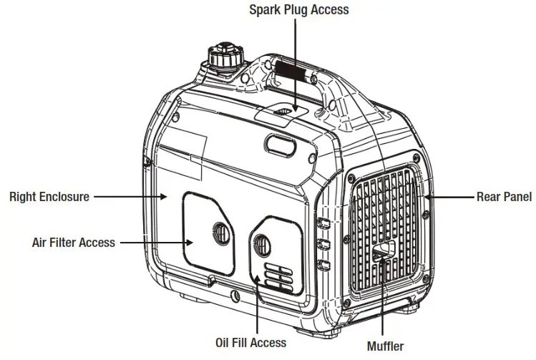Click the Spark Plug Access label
[298, 9]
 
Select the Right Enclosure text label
[49, 196]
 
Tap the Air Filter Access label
[73, 243]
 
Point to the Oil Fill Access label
[250, 343]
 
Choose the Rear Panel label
[504, 196]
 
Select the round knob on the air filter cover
[219, 232]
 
